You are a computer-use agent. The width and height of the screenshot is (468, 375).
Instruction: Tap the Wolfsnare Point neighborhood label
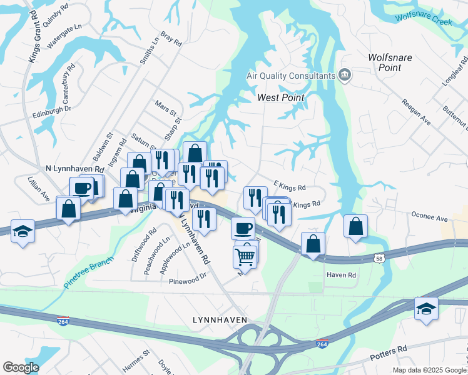point(390,62)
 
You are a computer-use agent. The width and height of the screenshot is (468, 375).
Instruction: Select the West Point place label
point(281,97)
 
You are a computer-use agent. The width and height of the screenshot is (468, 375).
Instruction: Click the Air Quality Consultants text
point(291,76)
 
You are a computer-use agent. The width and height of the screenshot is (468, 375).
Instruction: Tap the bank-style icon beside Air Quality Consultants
point(344,76)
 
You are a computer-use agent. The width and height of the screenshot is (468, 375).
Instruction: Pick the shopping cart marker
point(245,256)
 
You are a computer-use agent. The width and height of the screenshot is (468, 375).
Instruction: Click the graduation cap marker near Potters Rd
point(426,309)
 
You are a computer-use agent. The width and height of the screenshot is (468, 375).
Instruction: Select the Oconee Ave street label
point(429,218)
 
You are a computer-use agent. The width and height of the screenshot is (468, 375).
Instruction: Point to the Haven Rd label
point(341,275)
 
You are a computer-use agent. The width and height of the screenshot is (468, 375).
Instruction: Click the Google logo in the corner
point(21,367)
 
